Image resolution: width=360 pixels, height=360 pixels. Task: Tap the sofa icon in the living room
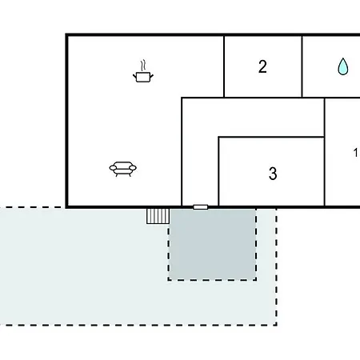[x=123, y=169]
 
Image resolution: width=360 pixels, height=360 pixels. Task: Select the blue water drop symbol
[x=343, y=66]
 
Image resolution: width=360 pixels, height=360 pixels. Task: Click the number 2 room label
[x=262, y=66]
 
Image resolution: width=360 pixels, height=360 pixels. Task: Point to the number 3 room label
[x=273, y=174]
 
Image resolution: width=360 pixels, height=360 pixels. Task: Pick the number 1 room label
[x=355, y=153]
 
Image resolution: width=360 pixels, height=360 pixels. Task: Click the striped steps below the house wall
[x=158, y=216]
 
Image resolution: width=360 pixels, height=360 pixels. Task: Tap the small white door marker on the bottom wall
[x=201, y=207]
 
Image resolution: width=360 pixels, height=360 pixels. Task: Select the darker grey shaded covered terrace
[x=213, y=244]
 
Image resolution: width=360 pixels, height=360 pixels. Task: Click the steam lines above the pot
[x=143, y=66]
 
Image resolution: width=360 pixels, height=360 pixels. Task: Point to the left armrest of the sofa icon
[x=113, y=168]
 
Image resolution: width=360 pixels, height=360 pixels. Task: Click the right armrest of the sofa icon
[x=133, y=168]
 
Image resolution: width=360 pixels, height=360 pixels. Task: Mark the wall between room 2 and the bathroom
[x=302, y=66]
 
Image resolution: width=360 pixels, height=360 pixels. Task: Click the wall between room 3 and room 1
[x=325, y=152]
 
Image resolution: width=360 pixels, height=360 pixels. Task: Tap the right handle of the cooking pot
[x=152, y=77]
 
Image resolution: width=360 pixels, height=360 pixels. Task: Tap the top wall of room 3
[x=271, y=137]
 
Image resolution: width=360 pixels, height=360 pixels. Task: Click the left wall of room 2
[x=224, y=66]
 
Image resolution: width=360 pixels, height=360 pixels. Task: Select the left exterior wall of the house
[x=66, y=121]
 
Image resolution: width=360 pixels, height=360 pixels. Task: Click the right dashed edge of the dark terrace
[x=256, y=244]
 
